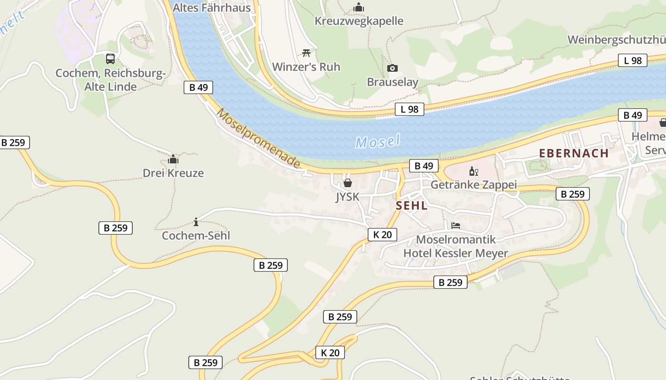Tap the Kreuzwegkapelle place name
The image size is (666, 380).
(x=359, y=21)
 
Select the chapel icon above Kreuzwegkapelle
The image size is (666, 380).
(x=359, y=7)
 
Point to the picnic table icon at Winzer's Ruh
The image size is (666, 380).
(x=306, y=53)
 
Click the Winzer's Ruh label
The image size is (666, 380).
(x=306, y=67)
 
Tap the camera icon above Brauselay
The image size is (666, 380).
(x=392, y=68)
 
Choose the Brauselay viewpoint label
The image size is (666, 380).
(x=392, y=82)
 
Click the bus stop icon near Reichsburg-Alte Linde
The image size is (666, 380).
(x=110, y=59)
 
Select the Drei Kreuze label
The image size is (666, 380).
(x=173, y=173)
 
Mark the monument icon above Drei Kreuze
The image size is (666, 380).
(x=173, y=159)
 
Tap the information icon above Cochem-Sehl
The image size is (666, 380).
(x=196, y=222)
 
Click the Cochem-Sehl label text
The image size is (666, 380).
(x=196, y=236)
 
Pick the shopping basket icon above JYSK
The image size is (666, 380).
(x=348, y=183)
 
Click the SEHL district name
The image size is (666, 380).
(x=411, y=206)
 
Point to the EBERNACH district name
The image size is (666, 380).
(x=574, y=153)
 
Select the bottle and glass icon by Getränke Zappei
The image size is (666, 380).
(x=473, y=171)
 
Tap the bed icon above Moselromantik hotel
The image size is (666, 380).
(x=456, y=226)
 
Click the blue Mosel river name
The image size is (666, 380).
(x=378, y=142)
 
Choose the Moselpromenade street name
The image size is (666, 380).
(x=259, y=138)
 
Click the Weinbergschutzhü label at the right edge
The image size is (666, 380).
(x=617, y=39)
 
